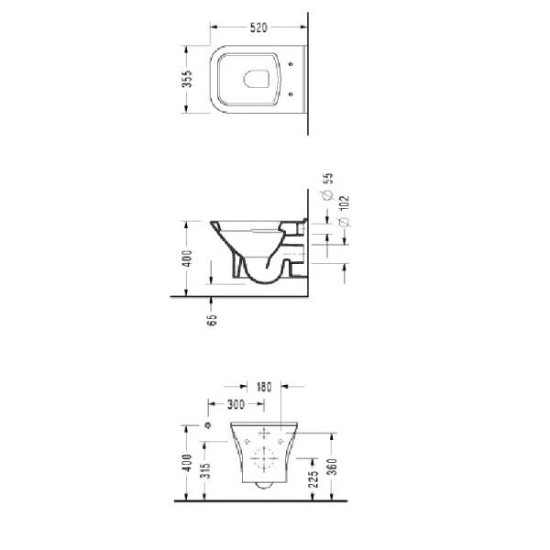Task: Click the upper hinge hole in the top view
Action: (291, 64)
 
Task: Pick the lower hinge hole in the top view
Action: (291, 93)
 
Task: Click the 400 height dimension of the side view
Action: (189, 260)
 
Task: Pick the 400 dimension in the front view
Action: (188, 465)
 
